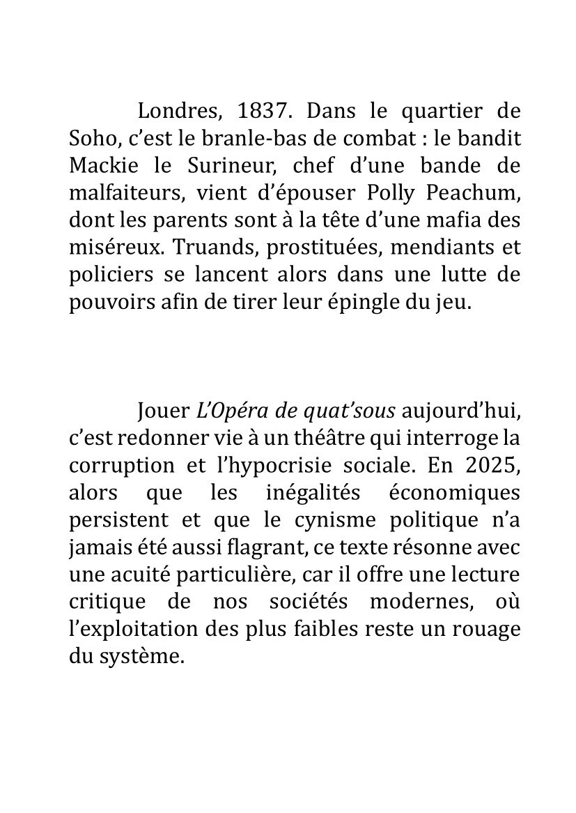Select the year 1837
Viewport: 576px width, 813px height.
click(x=261, y=112)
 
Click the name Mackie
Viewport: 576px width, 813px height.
click(x=102, y=166)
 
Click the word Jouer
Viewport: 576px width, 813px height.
click(x=164, y=411)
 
